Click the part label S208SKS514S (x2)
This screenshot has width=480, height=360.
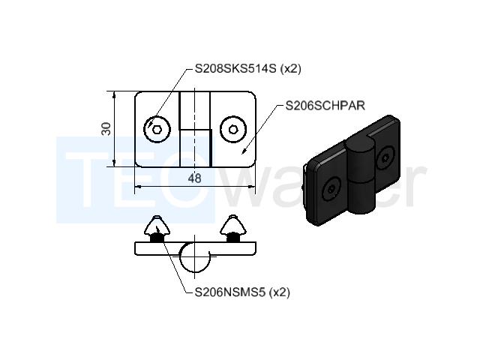click(x=248, y=69)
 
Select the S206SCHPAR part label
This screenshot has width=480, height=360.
click(x=325, y=106)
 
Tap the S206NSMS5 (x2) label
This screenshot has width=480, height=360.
click(x=242, y=292)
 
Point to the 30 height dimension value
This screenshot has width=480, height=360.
click(x=106, y=129)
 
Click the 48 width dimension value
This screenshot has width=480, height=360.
click(x=195, y=178)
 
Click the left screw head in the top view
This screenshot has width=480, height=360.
click(x=157, y=130)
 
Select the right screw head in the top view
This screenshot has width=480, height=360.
click(x=233, y=130)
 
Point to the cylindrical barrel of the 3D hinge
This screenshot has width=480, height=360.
click(x=361, y=177)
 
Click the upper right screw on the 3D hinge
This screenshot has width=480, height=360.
click(x=385, y=157)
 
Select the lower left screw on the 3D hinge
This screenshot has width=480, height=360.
click(x=331, y=190)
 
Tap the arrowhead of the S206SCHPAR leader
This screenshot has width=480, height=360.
click(x=244, y=151)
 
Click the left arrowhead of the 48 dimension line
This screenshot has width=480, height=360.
click(x=138, y=186)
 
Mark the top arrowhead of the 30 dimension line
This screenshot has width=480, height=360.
click(x=114, y=94)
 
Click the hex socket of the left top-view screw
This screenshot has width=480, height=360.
click(x=157, y=130)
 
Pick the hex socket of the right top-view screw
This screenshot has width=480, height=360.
click(x=233, y=130)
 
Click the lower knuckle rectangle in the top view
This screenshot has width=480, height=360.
click(x=196, y=148)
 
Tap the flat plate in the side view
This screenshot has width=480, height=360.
click(x=195, y=248)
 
